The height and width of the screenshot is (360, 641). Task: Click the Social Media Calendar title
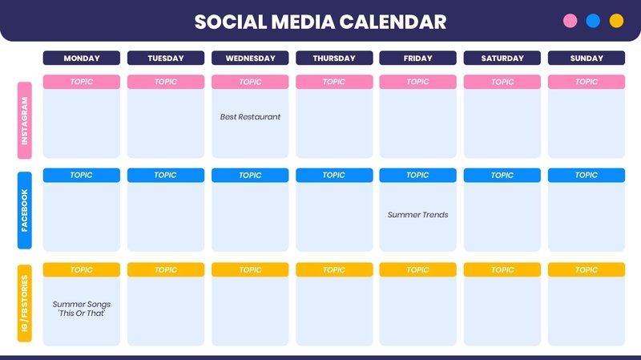(320, 22)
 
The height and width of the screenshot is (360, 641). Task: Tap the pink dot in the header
(570, 21)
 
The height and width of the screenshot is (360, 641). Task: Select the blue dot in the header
(593, 21)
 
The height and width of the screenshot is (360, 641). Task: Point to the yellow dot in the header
(616, 21)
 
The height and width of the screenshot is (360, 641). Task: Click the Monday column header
(82, 59)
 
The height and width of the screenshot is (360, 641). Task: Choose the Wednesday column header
(250, 59)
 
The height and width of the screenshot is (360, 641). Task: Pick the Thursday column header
(334, 59)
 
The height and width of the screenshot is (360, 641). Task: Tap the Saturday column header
(502, 59)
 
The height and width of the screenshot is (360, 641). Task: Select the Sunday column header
(587, 59)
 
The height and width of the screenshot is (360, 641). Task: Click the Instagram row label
(25, 120)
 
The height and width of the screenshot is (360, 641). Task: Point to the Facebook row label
(25, 210)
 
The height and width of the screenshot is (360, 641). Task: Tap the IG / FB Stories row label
(25, 304)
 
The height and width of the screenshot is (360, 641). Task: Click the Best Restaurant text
(250, 117)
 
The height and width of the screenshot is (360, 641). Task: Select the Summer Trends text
(417, 215)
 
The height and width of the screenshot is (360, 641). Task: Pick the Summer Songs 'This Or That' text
(82, 309)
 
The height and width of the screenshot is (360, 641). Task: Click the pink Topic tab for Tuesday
(166, 82)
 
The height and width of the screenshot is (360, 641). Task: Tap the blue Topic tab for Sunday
(587, 175)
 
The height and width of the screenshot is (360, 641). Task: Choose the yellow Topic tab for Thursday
(334, 270)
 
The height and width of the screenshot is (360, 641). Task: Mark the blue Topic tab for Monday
(82, 175)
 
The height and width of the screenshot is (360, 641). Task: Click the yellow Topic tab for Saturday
(502, 270)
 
